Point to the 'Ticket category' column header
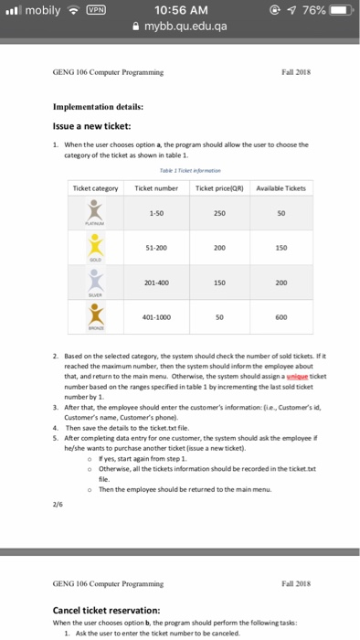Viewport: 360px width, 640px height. [x=96, y=188]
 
